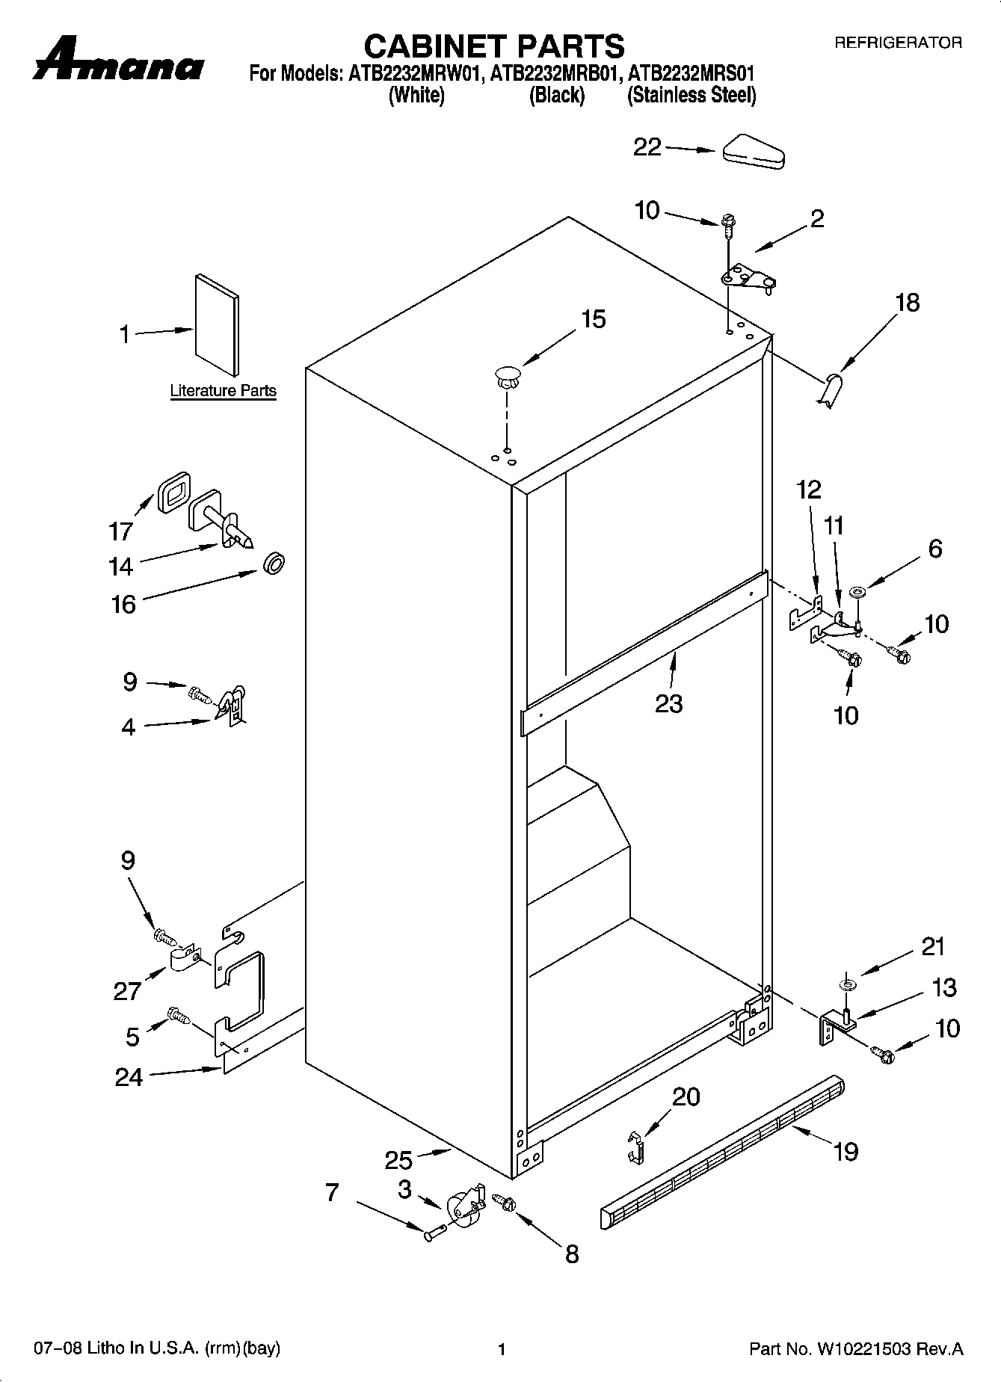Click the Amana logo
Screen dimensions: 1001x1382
(118, 63)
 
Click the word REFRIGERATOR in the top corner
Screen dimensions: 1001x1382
(898, 43)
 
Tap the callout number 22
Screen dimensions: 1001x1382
(647, 147)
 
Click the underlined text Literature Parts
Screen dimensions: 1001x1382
(223, 391)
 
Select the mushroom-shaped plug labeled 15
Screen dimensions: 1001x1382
(507, 375)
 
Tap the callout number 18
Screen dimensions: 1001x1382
(908, 303)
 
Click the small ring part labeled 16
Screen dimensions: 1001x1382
(274, 564)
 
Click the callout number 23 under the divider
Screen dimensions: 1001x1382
(668, 703)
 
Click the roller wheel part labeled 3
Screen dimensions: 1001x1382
(463, 1207)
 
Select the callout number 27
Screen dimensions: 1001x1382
(127, 991)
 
